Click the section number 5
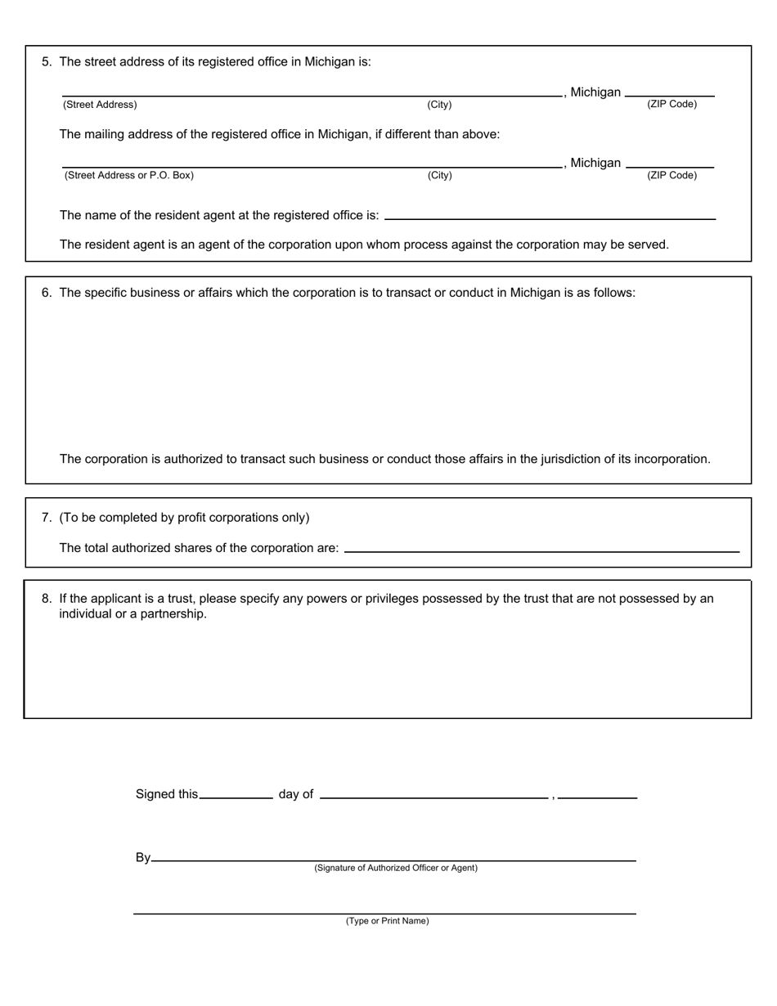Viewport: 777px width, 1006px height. pyautogui.click(x=46, y=61)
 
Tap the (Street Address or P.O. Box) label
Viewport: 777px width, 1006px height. pyautogui.click(x=128, y=175)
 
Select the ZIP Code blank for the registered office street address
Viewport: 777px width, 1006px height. pyautogui.click(x=670, y=92)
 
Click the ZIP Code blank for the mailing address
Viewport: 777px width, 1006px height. pyautogui.click(x=670, y=163)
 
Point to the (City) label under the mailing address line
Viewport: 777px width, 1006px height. pyautogui.click(x=439, y=175)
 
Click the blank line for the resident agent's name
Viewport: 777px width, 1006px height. pyautogui.click(x=550, y=214)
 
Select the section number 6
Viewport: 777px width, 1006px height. pyautogui.click(x=46, y=293)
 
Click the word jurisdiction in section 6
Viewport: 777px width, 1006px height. pyautogui.click(x=570, y=459)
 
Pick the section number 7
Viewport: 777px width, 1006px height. pyautogui.click(x=46, y=518)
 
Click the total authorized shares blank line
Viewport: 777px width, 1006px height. pyautogui.click(x=541, y=547)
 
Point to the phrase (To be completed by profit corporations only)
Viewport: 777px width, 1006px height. pyautogui.click(x=184, y=518)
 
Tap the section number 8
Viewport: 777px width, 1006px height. pyautogui.click(x=46, y=599)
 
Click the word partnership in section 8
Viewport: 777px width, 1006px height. pyautogui.click(x=173, y=614)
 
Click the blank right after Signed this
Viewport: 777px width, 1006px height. pyautogui.click(x=236, y=793)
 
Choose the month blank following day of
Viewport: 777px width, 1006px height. pyautogui.click(x=433, y=793)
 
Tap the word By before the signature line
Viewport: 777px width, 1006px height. pyautogui.click(x=143, y=857)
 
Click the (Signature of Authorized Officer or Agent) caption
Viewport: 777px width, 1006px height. pyautogui.click(x=396, y=868)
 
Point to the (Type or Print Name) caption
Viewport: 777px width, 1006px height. pyautogui.click(x=387, y=921)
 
